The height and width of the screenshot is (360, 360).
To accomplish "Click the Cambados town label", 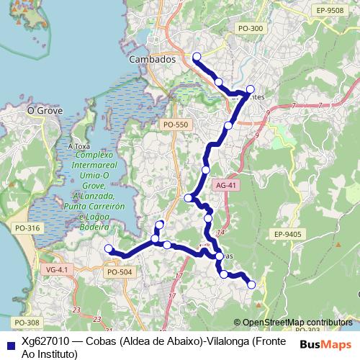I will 152,60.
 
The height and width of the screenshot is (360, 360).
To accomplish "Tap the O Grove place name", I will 45,111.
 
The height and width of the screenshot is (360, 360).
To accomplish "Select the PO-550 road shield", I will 175,125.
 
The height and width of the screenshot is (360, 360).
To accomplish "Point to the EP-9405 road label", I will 287,234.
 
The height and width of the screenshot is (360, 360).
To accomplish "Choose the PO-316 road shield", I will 27,228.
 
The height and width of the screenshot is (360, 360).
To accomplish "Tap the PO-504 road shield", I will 119,272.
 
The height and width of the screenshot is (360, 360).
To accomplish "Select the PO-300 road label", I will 250,28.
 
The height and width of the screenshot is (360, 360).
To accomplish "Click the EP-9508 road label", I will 330,11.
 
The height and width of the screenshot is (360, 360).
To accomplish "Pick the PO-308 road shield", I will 26,322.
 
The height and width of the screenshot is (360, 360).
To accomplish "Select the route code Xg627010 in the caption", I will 45,341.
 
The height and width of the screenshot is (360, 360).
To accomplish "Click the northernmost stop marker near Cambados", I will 197,55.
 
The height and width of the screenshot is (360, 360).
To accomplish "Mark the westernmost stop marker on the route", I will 109,249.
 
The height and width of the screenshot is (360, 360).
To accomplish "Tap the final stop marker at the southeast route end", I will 251,285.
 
